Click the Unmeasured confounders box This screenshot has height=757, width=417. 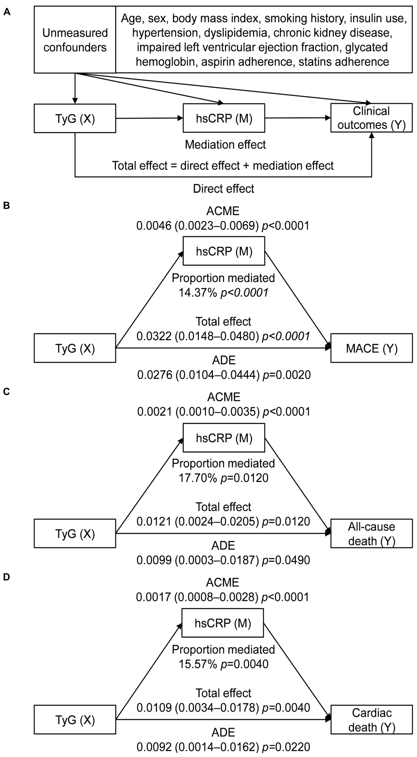(x=75, y=40)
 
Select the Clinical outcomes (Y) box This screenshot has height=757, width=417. (x=371, y=118)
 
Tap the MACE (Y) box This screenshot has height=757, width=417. (x=371, y=348)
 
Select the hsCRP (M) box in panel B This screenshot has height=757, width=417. (x=224, y=251)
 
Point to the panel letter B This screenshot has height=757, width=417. (x=6, y=205)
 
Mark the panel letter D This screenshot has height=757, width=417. (x=6, y=577)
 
